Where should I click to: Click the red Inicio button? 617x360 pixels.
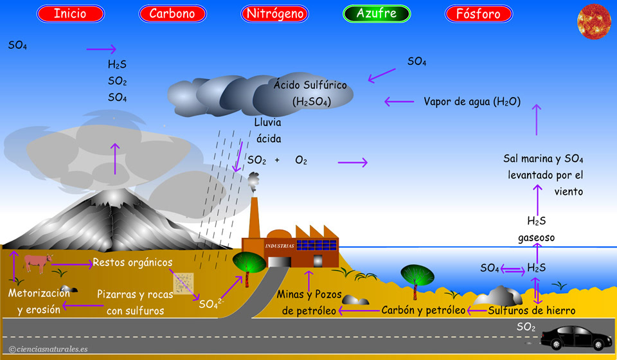(x=71, y=14)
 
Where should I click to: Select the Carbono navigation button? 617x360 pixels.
(x=172, y=14)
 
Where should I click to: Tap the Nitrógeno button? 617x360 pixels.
(x=274, y=14)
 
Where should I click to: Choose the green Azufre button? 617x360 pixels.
(x=377, y=14)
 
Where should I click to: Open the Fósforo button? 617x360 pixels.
(x=478, y=14)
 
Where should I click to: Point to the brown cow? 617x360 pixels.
(x=37, y=262)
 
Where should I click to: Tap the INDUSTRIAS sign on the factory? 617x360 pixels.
(x=280, y=246)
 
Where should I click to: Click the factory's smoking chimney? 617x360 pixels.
(x=254, y=215)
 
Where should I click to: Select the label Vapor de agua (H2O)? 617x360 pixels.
(x=472, y=102)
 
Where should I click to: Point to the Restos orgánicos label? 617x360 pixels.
(x=132, y=262)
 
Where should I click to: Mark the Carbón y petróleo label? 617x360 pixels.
(x=423, y=310)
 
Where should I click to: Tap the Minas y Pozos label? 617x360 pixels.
(x=308, y=295)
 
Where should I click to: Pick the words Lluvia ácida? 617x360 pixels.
(x=268, y=130)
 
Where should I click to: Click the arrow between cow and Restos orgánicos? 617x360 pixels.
(x=71, y=264)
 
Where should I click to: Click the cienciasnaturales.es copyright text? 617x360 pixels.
(x=48, y=349)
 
